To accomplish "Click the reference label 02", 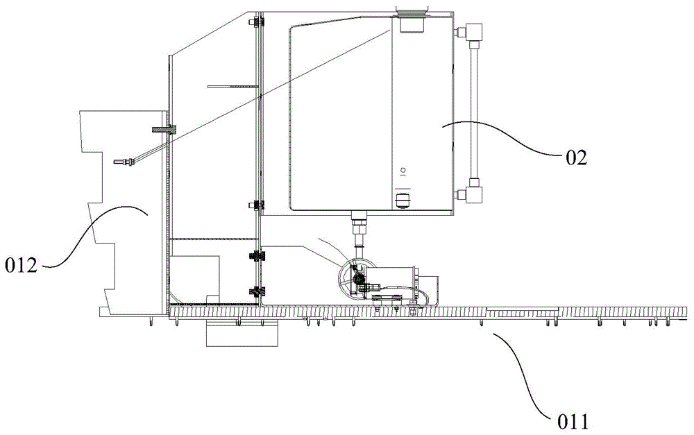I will pos(575,158).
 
